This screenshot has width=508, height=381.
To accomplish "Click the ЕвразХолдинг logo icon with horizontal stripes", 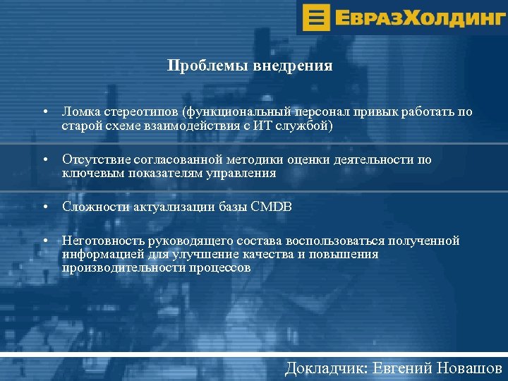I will [319, 16].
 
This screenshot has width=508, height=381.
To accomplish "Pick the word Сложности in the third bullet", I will [92, 207].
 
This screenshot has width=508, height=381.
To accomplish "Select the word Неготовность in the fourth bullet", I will [102, 241].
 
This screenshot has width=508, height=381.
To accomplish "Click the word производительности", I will [122, 268].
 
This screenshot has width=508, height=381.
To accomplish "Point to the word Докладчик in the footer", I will [325, 368].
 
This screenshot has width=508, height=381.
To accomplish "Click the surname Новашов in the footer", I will [470, 368].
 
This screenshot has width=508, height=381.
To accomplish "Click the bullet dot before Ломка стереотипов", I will [44, 113].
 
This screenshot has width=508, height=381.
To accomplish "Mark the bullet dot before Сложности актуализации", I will [44, 207].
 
